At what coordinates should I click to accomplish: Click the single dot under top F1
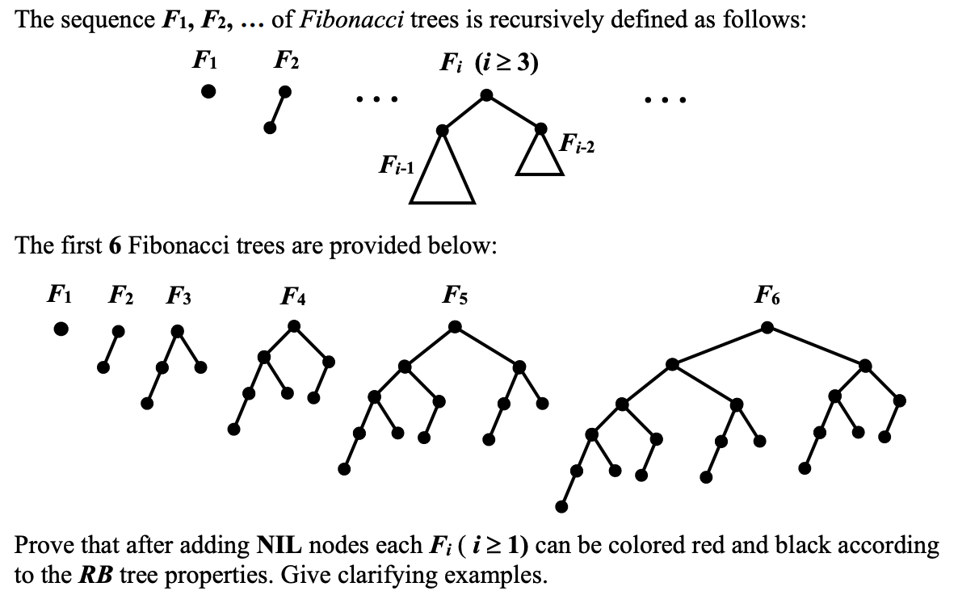tap(208, 91)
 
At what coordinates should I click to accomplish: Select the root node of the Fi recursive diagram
tap(486, 95)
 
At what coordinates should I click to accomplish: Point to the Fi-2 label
tap(577, 146)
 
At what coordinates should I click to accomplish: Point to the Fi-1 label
tap(397, 166)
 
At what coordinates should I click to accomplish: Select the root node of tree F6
tap(767, 327)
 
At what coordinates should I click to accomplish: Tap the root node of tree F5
tap(456, 327)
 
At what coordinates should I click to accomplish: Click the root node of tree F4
tap(294, 325)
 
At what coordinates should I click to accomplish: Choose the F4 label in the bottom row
tap(293, 296)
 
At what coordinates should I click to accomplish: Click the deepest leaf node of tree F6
tap(561, 506)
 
